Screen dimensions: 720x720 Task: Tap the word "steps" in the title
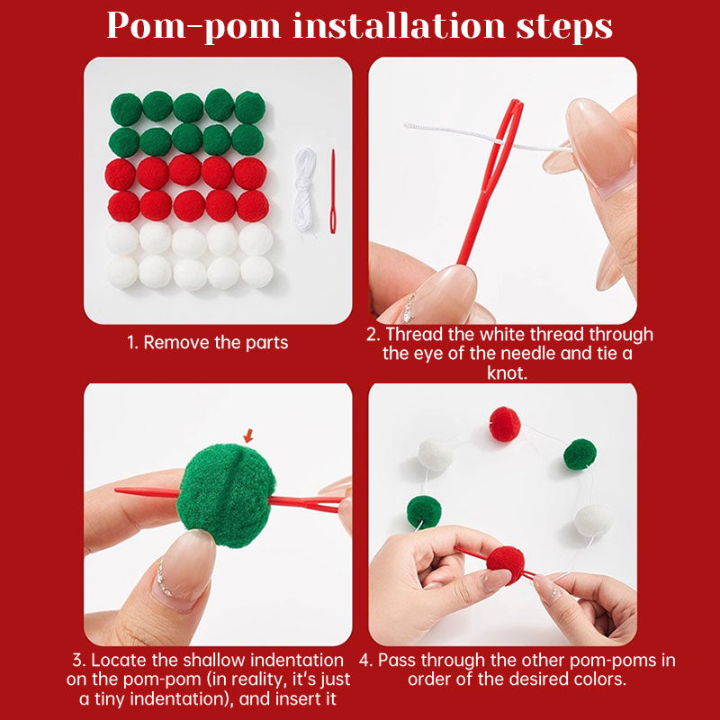click(564, 27)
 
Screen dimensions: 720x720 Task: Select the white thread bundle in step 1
click(305, 189)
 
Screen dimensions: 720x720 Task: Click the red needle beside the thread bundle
click(333, 191)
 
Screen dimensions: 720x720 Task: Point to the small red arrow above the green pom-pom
click(248, 436)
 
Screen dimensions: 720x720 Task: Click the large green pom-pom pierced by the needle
click(227, 495)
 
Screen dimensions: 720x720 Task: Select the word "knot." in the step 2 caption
click(507, 373)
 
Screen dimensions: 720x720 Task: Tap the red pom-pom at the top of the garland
click(505, 424)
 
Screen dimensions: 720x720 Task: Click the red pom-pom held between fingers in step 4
click(505, 564)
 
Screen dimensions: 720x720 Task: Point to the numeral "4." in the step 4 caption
click(366, 661)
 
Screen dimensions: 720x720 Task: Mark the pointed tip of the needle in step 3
click(116, 490)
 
